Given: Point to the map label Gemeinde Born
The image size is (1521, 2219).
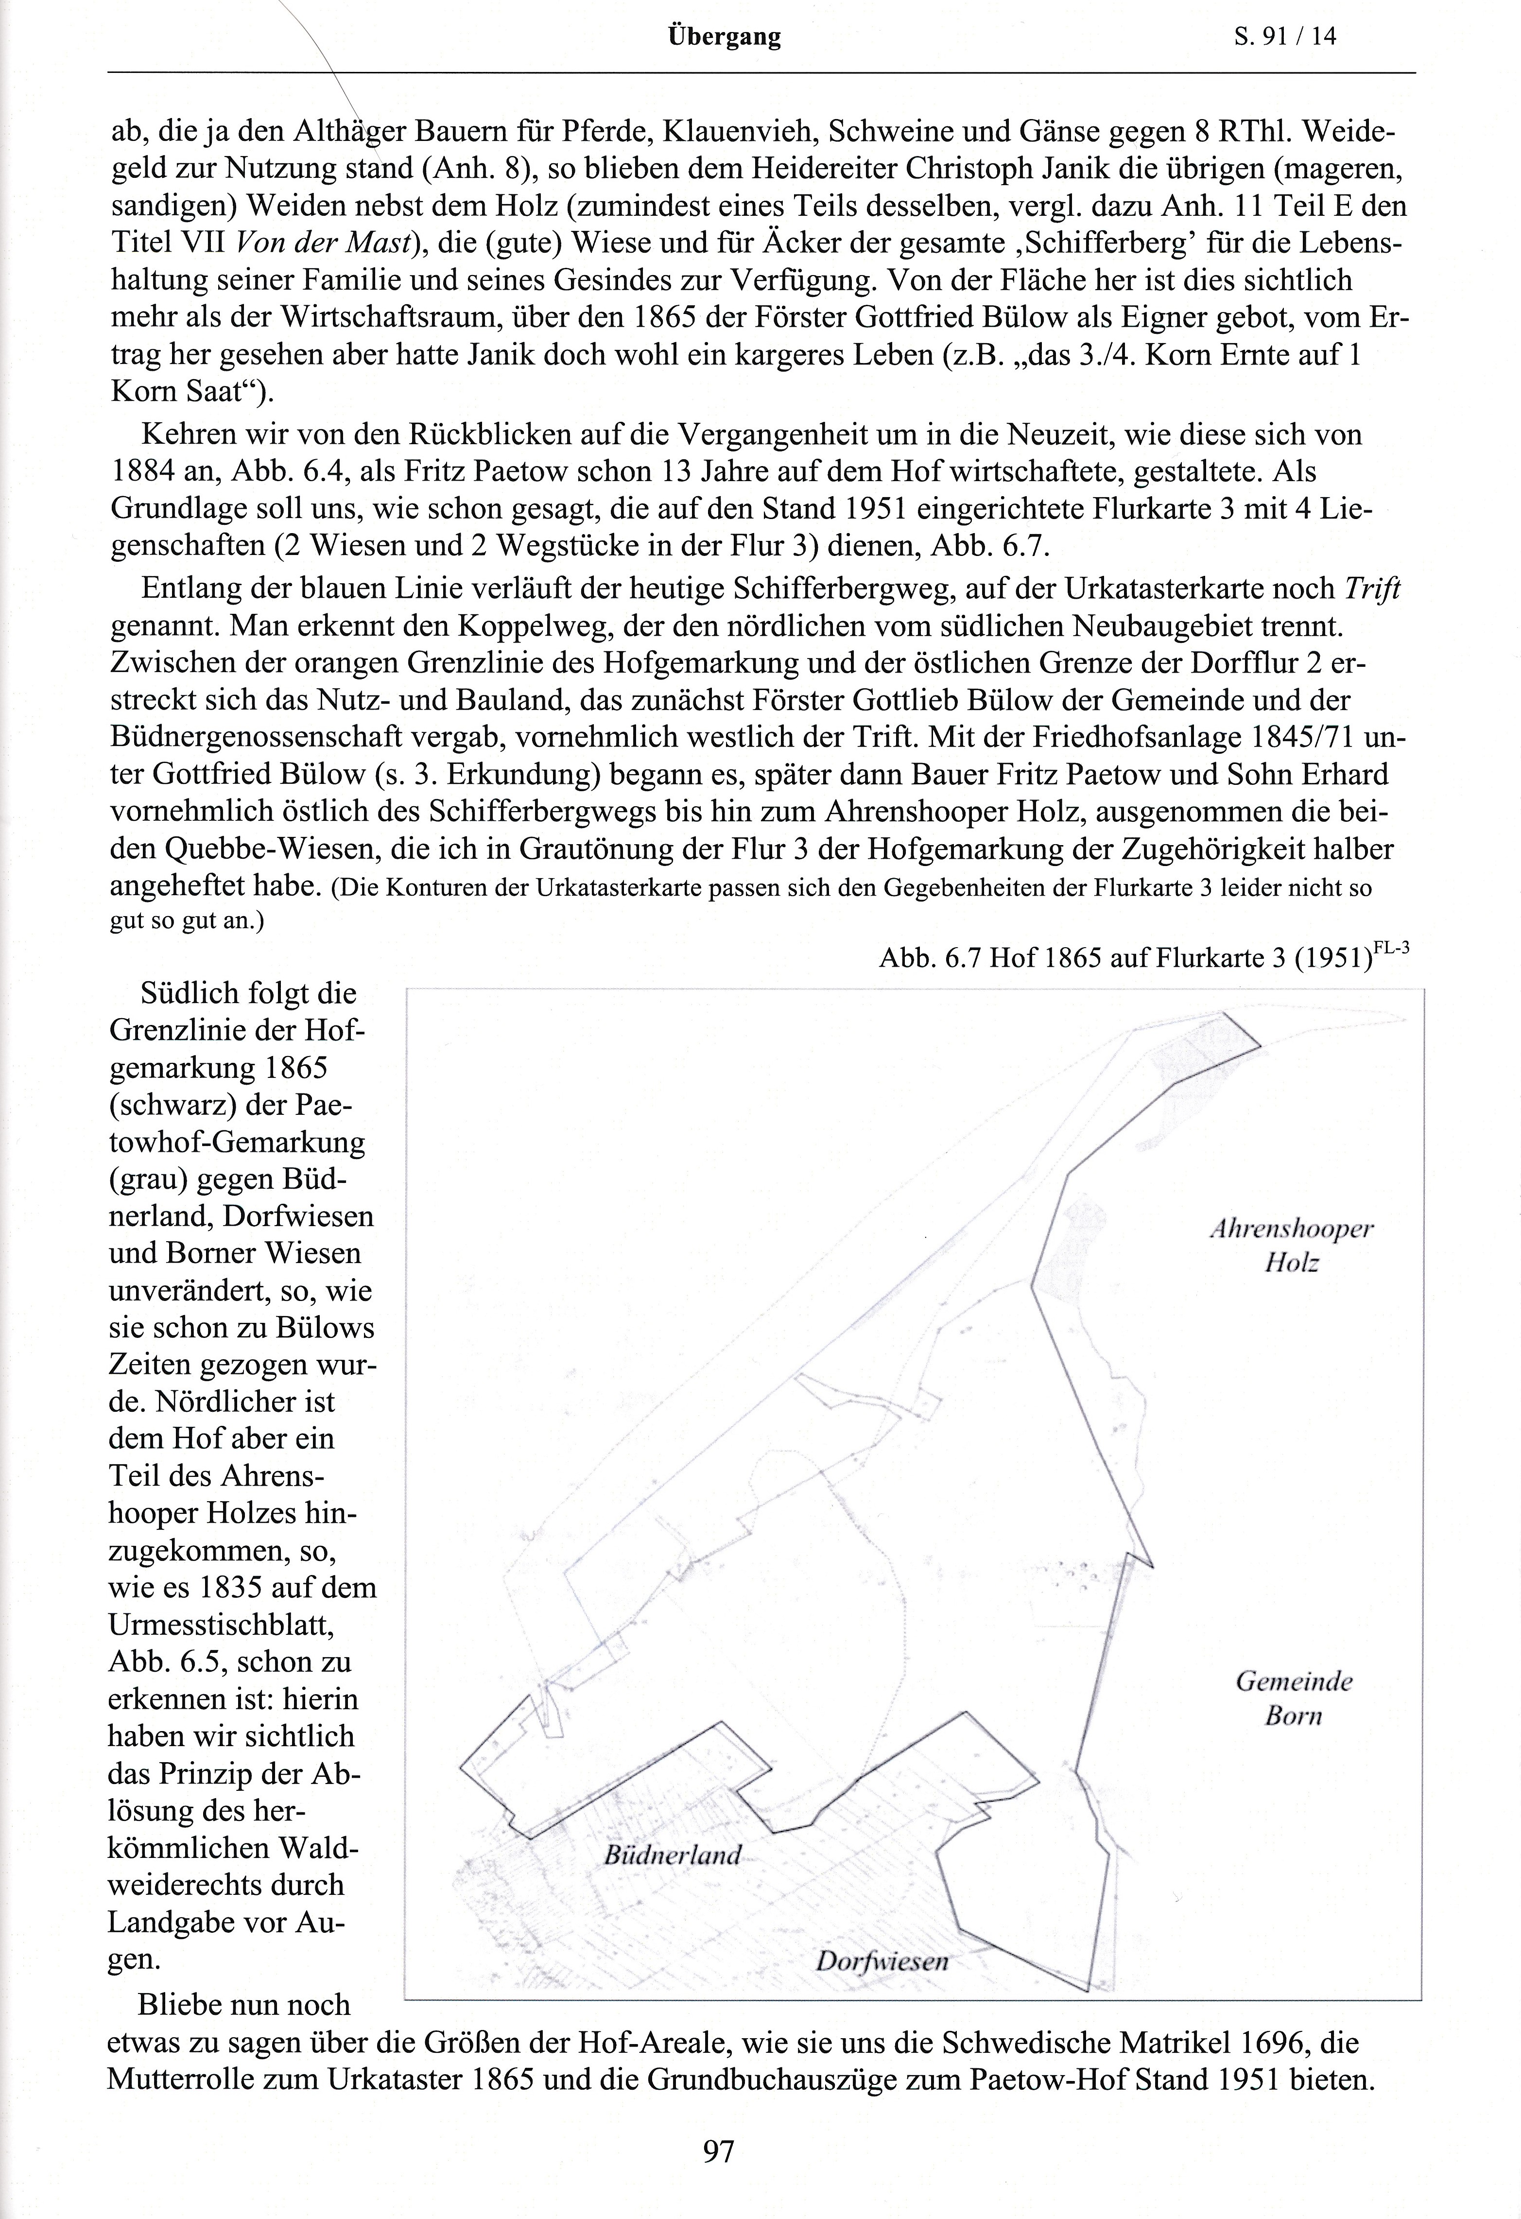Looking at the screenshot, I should coord(1294,1699).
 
